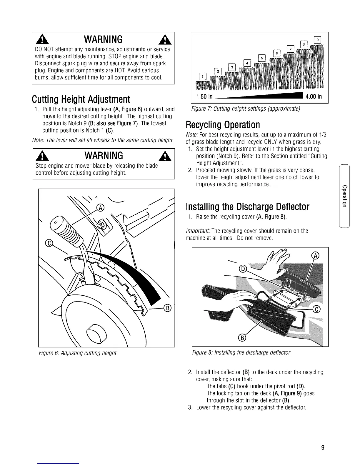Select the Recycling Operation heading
(223, 125)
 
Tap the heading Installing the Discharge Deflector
(247, 207)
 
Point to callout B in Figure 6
(169, 308)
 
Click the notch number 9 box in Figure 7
(317, 39)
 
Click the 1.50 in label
(204, 97)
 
